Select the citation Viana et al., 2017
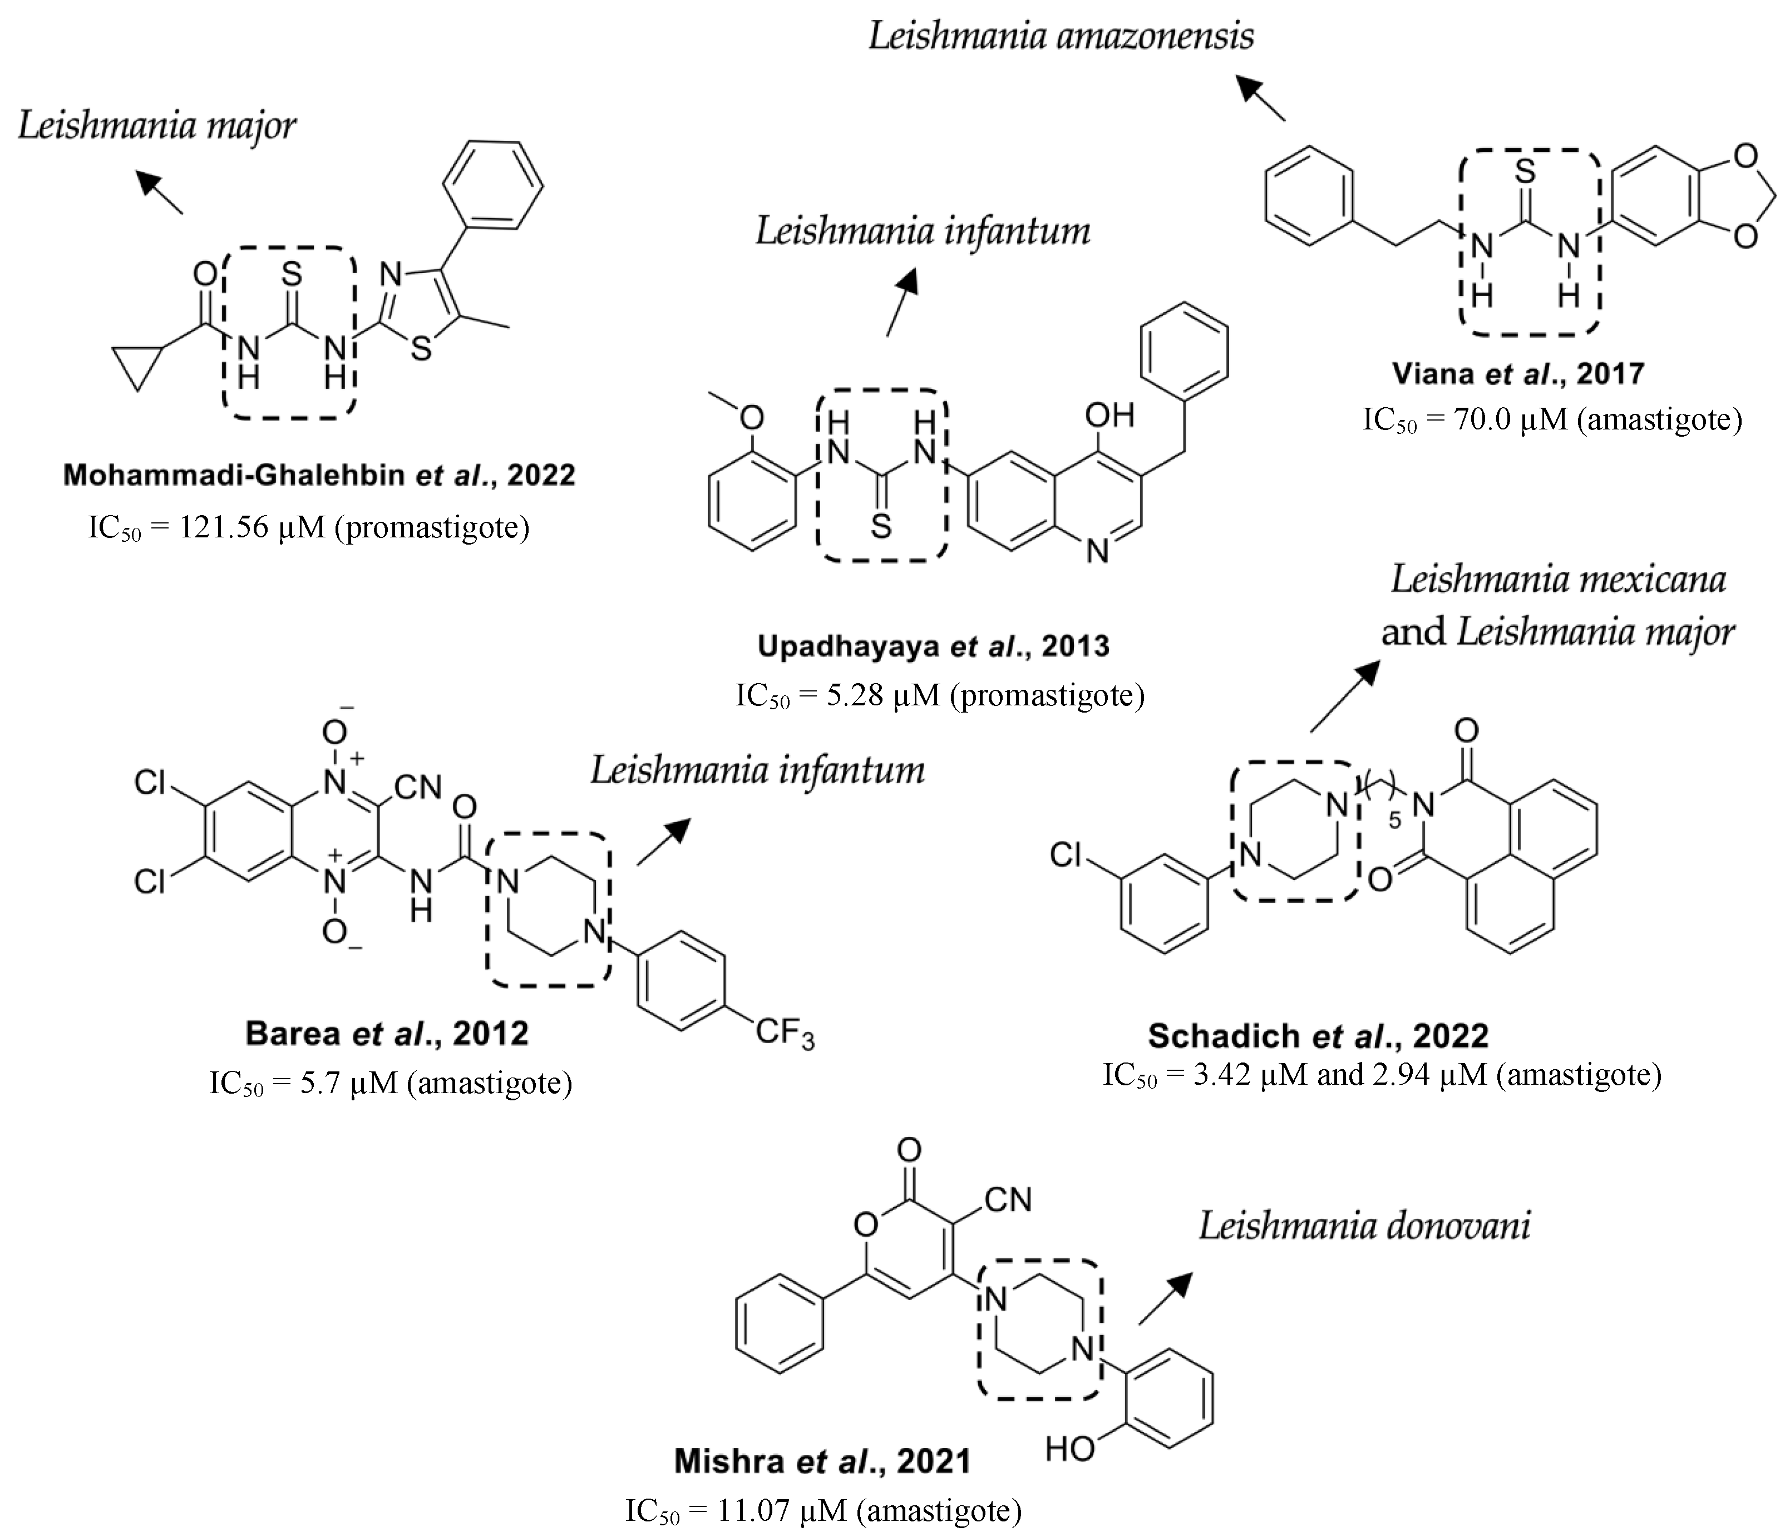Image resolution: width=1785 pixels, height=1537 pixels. point(1518,374)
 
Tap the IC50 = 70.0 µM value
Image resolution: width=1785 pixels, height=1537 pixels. point(1551,419)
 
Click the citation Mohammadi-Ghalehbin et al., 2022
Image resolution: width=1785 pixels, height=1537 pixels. point(319,475)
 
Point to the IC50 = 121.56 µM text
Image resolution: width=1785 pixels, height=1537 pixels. point(308,526)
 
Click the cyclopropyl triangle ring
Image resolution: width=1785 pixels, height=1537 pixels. point(137,363)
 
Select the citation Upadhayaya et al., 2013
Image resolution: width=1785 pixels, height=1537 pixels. point(933,646)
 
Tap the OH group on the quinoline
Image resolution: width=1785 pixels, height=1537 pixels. point(1109,416)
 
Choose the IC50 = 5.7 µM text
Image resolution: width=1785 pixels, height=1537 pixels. point(390,1083)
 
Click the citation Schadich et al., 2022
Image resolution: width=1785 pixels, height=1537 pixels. point(1318,1035)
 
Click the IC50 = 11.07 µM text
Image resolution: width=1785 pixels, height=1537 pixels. point(823,1510)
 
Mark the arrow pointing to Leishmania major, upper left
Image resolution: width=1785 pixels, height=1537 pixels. point(161,192)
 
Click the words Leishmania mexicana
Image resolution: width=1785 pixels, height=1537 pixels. point(1557,580)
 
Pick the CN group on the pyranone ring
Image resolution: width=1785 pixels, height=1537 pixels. point(1007,1199)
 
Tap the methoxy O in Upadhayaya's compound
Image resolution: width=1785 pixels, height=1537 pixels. point(752,418)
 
